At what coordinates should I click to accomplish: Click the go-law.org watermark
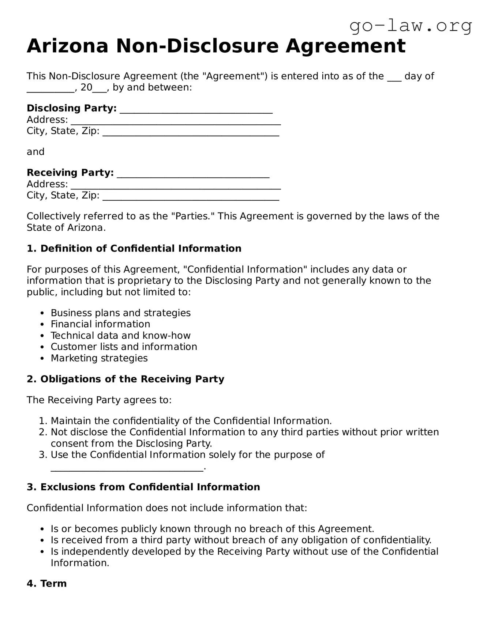tap(411, 26)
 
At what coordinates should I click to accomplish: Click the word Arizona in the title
tap(68, 46)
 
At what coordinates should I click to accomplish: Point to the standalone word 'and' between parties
tap(35, 152)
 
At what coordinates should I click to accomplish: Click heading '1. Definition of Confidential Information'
tap(134, 249)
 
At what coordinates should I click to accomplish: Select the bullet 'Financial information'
tap(100, 324)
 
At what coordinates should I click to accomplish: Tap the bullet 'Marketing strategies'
tap(99, 358)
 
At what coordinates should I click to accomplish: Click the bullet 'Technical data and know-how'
tap(120, 336)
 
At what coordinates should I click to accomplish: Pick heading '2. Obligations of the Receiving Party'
tap(125, 379)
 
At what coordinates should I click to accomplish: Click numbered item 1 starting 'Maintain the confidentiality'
tap(191, 421)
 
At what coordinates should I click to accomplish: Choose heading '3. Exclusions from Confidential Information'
tap(143, 487)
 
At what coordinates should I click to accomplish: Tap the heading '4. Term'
tap(47, 584)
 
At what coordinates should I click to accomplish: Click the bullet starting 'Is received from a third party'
tap(241, 540)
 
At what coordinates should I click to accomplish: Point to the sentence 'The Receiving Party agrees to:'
tap(99, 400)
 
